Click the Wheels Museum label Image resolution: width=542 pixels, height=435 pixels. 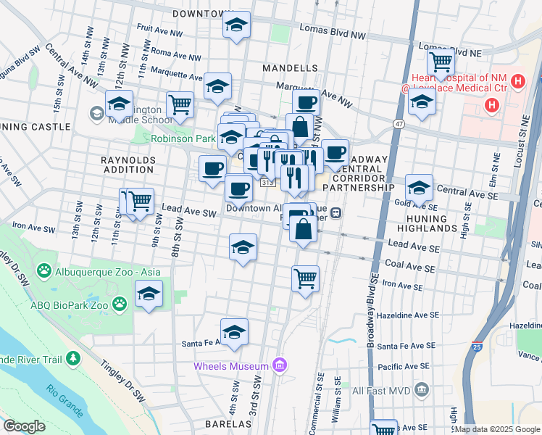tap(230, 365)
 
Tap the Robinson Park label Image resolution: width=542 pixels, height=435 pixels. tap(183, 138)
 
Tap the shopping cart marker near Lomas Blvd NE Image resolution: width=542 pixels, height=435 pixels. tap(441, 63)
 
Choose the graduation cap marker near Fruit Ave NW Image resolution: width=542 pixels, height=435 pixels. tap(236, 25)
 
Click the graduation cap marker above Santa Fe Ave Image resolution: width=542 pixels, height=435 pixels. tap(234, 333)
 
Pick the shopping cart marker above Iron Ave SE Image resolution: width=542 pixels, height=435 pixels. tap(306, 278)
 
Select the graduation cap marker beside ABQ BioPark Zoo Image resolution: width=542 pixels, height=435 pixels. tap(149, 294)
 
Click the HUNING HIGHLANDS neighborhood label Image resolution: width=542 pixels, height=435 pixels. tap(437, 228)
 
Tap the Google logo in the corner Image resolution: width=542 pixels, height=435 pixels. tap(24, 426)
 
